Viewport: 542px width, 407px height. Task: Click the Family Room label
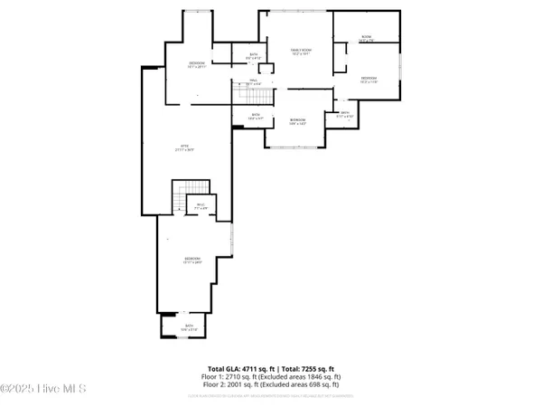(301, 51)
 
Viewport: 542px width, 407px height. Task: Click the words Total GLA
(227, 369)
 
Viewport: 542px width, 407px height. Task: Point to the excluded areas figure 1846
(315, 377)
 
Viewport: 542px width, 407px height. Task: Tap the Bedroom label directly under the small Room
(369, 80)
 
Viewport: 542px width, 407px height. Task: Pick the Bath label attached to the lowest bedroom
(190, 327)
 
